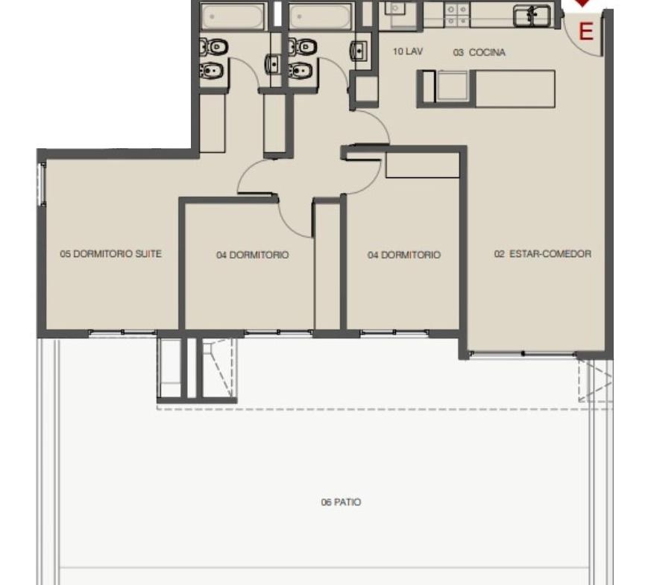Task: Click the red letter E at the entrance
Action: click(586, 31)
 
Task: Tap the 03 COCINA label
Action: click(479, 53)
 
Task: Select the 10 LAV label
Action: click(408, 51)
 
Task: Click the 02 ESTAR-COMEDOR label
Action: click(543, 253)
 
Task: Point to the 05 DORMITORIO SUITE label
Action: click(110, 253)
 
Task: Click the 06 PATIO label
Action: click(341, 502)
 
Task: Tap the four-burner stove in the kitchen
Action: click(457, 15)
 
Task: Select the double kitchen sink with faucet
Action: click(532, 16)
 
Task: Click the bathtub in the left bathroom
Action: click(233, 17)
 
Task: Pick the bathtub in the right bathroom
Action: click(321, 17)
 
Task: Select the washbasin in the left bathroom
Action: click(273, 64)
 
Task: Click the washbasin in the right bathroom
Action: click(359, 51)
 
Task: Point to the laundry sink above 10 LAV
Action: click(397, 9)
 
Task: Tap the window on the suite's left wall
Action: click(42, 184)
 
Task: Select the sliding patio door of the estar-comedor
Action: click(523, 354)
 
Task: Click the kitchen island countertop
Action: click(486, 89)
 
